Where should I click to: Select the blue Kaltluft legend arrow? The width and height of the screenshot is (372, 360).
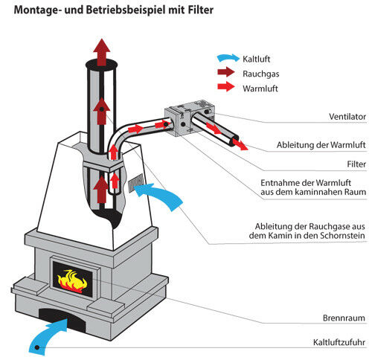[223, 57]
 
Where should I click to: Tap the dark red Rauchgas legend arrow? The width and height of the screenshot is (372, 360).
[223, 73]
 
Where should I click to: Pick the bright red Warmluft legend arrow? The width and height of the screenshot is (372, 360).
[223, 88]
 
